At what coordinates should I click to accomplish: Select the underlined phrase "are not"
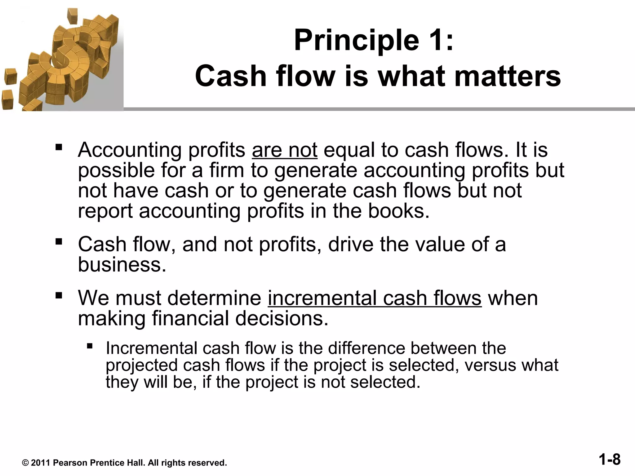click(284, 150)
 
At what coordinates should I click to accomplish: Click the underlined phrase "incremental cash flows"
click(375, 298)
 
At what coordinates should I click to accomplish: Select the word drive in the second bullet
click(351, 244)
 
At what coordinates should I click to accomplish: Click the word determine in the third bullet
click(215, 298)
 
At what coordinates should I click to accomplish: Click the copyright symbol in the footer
click(25, 463)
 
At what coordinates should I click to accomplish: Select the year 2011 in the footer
click(41, 463)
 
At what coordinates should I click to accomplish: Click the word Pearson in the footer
click(70, 463)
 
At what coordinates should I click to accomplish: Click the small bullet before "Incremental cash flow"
click(90, 346)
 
